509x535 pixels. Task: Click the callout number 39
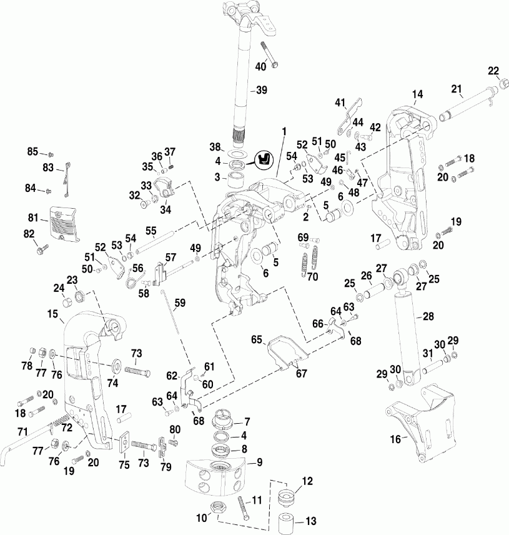click(x=261, y=90)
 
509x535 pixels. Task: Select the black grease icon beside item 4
click(x=265, y=159)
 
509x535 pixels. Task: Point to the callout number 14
click(x=417, y=94)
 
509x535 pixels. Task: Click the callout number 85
click(x=32, y=151)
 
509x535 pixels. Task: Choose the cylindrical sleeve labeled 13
click(x=287, y=519)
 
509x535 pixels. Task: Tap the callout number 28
click(x=428, y=317)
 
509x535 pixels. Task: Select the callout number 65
click(x=255, y=339)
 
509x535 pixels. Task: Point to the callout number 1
click(x=284, y=131)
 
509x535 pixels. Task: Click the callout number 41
click(x=340, y=102)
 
